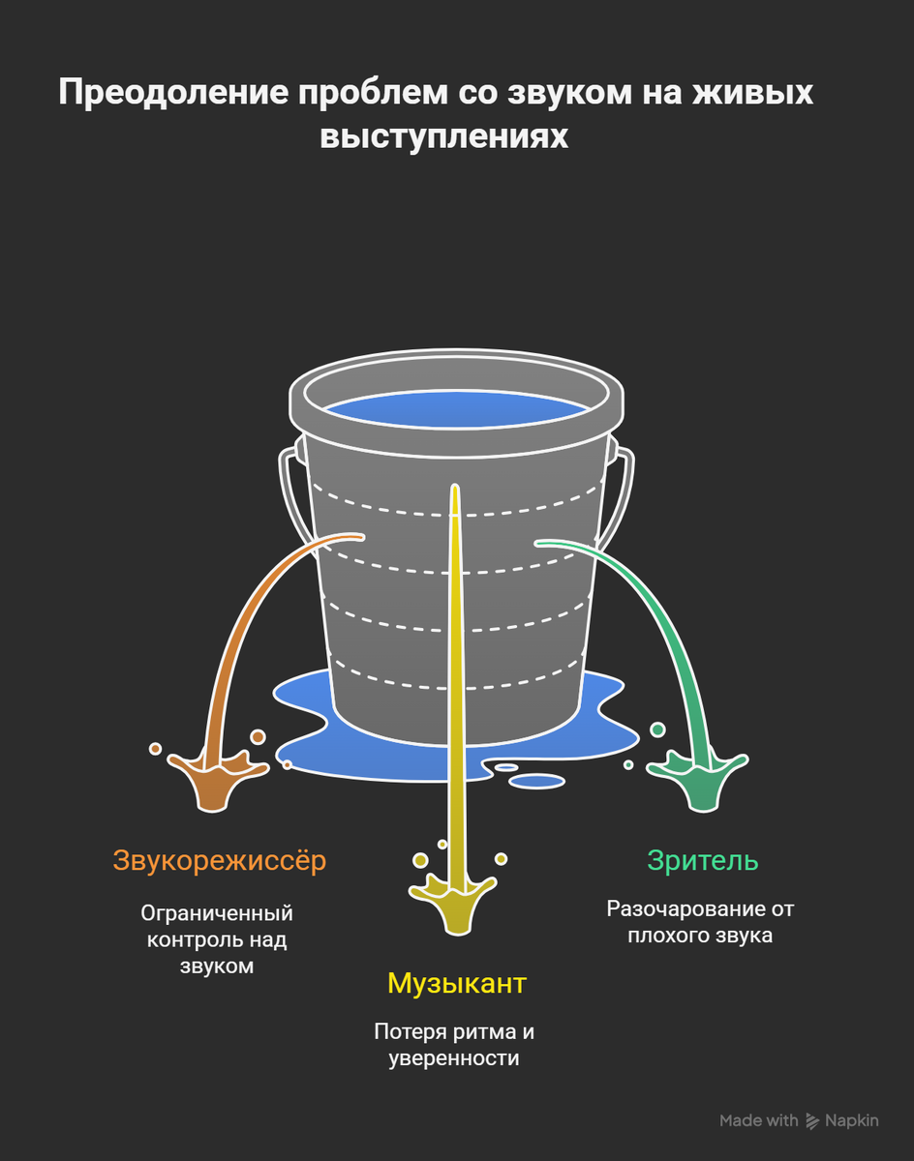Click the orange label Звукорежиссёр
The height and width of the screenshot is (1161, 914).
coord(219,860)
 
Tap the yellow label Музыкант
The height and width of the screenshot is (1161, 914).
coord(456,983)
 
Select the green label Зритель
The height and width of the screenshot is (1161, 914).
coord(702,860)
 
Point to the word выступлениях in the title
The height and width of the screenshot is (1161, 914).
coord(444,136)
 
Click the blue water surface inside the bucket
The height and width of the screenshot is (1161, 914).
coord(456,410)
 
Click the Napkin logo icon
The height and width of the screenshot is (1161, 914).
coord(811,1120)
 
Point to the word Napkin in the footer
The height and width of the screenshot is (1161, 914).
coord(852,1120)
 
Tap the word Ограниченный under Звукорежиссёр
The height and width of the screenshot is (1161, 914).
coord(217,913)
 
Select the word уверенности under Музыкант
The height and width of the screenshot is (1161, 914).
coord(454,1058)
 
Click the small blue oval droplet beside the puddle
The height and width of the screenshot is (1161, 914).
coord(536,780)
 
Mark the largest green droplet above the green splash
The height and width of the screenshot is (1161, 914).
coord(657,729)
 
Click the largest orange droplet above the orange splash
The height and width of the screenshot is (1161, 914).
coord(258,737)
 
